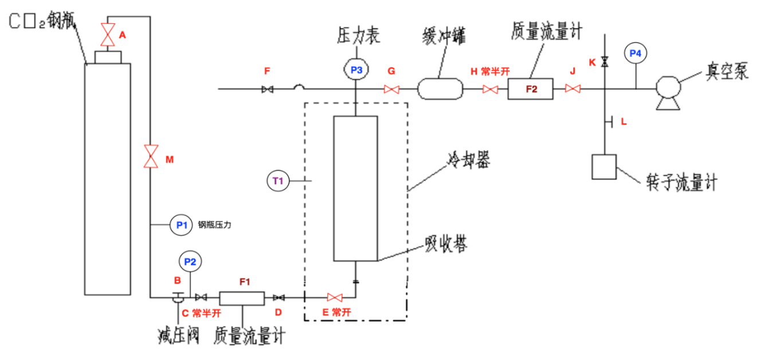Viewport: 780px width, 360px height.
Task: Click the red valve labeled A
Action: point(107,34)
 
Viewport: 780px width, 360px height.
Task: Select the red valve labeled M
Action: point(151,155)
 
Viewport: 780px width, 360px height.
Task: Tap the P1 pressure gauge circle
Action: point(182,225)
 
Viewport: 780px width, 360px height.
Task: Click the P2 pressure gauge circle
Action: point(190,262)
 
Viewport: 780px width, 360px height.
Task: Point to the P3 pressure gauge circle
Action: point(356,70)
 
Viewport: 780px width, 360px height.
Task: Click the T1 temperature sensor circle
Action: point(279,181)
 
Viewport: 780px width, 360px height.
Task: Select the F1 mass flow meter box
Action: point(242,298)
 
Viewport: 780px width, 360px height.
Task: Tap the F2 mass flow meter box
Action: point(531,89)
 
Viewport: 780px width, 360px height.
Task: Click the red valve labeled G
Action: point(391,89)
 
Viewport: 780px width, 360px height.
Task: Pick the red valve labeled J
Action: point(573,89)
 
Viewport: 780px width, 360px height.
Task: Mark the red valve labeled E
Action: point(335,298)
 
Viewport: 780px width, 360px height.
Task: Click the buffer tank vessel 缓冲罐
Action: point(440,88)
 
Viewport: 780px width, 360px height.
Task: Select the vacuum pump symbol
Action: point(668,92)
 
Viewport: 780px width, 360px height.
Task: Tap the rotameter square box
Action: point(603,167)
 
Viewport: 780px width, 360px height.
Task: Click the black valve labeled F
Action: point(266,89)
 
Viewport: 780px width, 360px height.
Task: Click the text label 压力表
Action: point(357,36)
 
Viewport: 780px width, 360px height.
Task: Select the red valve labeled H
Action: point(490,89)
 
